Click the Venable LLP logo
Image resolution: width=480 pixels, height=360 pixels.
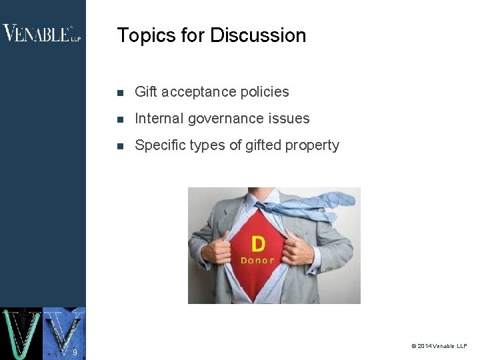pyautogui.click(x=41, y=33)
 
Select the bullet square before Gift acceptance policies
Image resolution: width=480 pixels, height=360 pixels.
pyautogui.click(x=120, y=93)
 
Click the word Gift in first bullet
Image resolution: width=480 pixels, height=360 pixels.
pyautogui.click(x=145, y=92)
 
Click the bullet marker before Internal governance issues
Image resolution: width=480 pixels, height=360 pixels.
pyautogui.click(x=120, y=119)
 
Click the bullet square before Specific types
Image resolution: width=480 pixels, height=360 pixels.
pyautogui.click(x=120, y=146)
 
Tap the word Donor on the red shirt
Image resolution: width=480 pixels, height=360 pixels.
pyautogui.click(x=257, y=260)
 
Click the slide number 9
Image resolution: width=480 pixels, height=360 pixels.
pyautogui.click(x=75, y=351)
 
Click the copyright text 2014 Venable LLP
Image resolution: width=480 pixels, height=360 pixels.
pyautogui.click(x=439, y=346)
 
